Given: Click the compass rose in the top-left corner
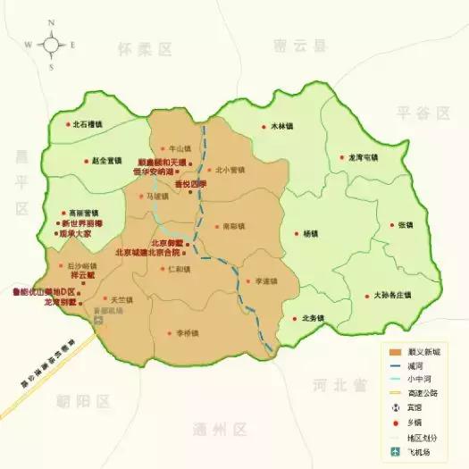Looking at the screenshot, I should click(x=52, y=43).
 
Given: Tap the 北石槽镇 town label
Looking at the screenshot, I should click(x=90, y=125).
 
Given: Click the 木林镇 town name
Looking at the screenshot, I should click(x=283, y=126).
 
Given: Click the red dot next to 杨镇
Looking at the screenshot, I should click(x=295, y=234).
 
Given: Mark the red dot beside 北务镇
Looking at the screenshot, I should click(x=294, y=318).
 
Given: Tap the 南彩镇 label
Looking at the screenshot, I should click(x=233, y=226).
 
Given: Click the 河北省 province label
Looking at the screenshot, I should click(x=340, y=386).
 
